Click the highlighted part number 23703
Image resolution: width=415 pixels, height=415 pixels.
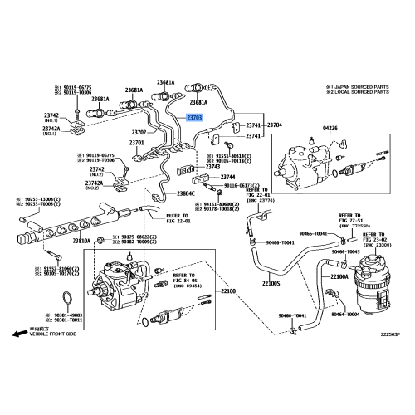[x=196, y=119]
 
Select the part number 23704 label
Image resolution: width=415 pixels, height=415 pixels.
[x=274, y=124]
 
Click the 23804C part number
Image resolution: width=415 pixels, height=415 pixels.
[x=186, y=193]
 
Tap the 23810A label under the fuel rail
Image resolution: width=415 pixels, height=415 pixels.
[x=81, y=241]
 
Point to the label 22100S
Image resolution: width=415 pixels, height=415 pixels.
[x=272, y=283]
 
